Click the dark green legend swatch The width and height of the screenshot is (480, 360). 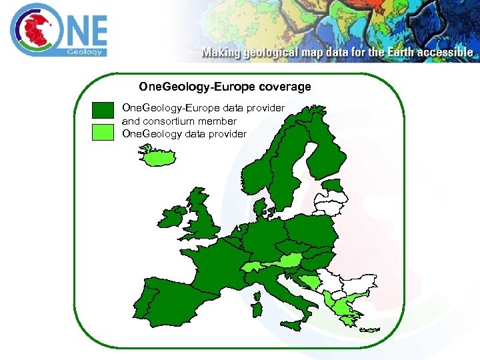tap(103, 111)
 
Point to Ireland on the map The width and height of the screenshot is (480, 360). tap(171, 218)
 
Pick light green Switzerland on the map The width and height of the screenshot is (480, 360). tap(253, 267)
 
